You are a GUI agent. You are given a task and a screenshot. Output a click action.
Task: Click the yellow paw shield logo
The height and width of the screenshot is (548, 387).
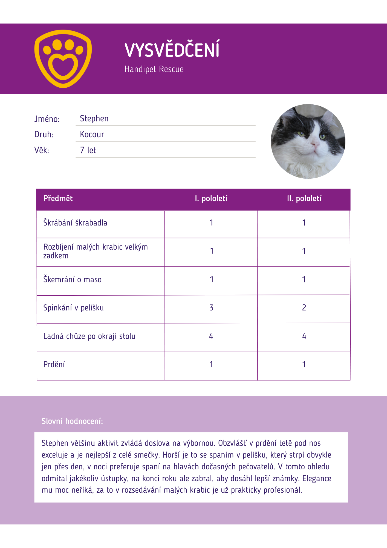point(63,59)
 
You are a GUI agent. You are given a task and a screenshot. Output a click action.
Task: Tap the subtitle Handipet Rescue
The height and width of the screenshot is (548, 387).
point(154,69)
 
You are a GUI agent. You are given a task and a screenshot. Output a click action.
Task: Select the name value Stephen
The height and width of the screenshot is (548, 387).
point(94,119)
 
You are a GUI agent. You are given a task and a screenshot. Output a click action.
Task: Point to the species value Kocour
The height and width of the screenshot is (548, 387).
point(92,135)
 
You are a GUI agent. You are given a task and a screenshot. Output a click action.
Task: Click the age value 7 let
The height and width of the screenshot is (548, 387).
point(88,150)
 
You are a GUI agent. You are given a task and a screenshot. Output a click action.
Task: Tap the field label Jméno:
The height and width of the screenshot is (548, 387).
point(47,119)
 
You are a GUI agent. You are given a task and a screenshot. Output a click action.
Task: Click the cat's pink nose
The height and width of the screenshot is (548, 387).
point(314,143)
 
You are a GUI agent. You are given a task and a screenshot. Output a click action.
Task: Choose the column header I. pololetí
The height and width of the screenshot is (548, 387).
point(211,199)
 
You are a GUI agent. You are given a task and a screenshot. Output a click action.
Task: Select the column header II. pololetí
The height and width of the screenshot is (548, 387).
point(304,199)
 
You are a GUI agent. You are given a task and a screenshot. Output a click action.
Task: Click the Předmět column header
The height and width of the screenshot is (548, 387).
point(58,199)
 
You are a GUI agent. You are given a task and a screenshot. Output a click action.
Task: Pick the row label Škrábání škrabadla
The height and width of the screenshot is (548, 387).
point(75,223)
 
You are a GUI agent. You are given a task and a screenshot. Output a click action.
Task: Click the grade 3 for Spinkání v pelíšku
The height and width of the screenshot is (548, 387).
point(211,308)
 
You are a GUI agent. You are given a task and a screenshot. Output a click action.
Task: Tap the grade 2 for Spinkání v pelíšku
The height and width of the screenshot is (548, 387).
point(304,308)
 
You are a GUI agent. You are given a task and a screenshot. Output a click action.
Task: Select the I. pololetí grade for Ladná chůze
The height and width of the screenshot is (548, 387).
point(211,336)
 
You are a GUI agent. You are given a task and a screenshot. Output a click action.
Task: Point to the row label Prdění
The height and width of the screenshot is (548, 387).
point(54,365)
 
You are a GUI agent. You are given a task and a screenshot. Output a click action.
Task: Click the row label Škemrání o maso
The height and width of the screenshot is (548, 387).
point(72,280)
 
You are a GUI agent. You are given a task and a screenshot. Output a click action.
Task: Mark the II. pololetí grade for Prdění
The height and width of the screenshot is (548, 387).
point(304,364)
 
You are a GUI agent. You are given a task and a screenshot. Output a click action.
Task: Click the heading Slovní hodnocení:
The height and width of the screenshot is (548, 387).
point(72,421)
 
